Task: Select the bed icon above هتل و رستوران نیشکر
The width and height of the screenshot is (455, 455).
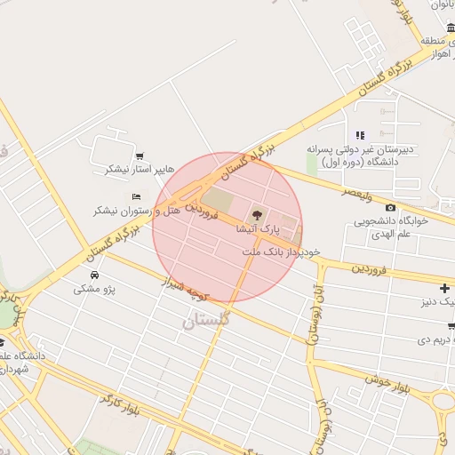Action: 136,196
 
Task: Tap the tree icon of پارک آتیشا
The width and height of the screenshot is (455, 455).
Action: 257,214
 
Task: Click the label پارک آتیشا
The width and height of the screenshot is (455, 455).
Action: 257,228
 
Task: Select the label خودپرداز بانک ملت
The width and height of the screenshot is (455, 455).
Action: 274,252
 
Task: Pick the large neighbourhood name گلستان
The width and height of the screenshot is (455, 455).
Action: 207,320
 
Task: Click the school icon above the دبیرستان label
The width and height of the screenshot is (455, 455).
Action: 360,135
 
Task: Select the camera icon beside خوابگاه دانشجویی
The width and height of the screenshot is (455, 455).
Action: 390,207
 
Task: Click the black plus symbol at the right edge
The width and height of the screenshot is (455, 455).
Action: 444,289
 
